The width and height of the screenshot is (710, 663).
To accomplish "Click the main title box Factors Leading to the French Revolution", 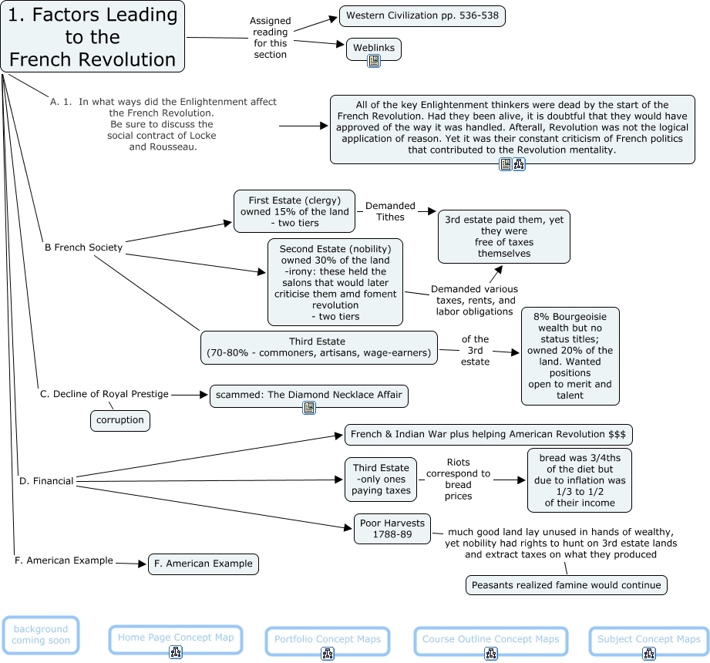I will (93, 36).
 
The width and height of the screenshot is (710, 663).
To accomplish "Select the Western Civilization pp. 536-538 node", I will (422, 16).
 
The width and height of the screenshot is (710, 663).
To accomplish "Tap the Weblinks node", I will (374, 48).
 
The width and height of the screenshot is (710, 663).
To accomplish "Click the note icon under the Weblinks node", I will (374, 61).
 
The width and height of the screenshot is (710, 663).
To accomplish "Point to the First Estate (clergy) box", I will (294, 211).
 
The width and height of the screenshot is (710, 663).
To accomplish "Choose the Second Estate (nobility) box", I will (335, 282).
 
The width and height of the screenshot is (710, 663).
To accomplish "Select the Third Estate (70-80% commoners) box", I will (318, 347).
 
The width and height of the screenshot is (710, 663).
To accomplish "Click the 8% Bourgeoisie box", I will (570, 355).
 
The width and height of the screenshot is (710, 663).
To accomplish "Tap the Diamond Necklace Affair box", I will (309, 395).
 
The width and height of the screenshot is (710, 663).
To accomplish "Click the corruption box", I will (120, 420).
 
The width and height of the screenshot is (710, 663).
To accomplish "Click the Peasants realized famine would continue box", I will (567, 585).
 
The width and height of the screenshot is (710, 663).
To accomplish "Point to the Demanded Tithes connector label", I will (390, 211).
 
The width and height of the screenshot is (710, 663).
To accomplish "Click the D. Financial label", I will (46, 481).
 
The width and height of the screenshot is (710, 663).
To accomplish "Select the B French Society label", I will (83, 247).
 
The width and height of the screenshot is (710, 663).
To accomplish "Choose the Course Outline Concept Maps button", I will (490, 639).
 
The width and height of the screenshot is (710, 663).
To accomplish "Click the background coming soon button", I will (40, 634).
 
